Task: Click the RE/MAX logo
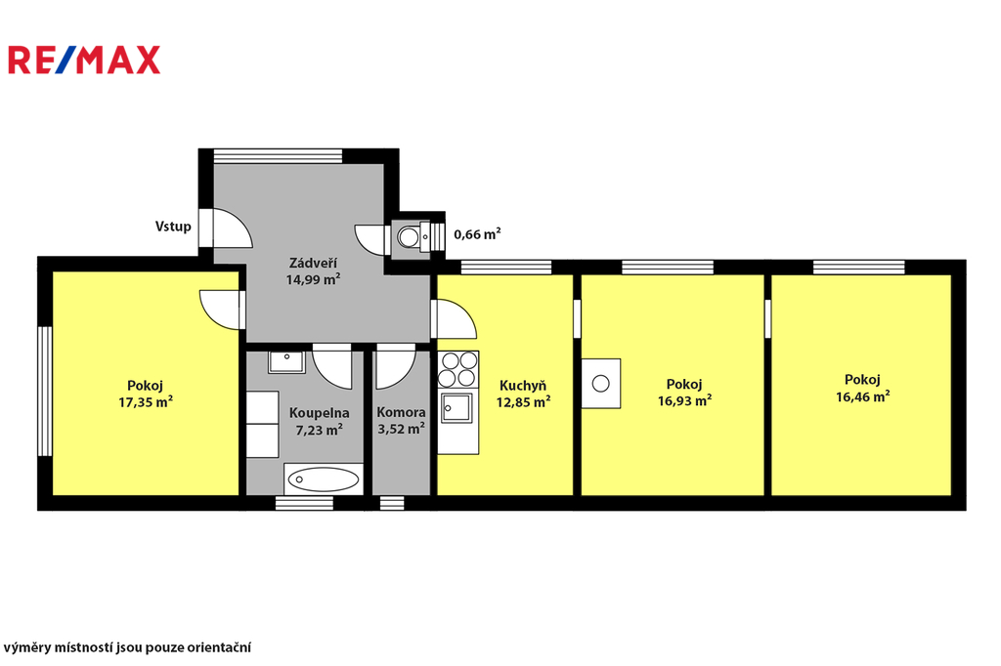(x=84, y=60)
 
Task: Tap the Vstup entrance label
(x=173, y=227)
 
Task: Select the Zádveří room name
(x=313, y=263)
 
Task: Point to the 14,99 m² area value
(x=313, y=278)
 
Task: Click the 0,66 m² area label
(x=477, y=234)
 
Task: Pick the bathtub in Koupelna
(x=323, y=479)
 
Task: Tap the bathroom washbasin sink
(x=286, y=361)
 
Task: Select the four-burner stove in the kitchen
(x=457, y=369)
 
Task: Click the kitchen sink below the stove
(x=457, y=408)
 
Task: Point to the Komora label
(x=401, y=412)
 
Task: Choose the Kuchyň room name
(x=523, y=386)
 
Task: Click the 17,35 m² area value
(x=146, y=402)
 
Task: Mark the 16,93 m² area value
(x=684, y=400)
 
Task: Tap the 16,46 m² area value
(x=863, y=396)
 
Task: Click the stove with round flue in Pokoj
(x=601, y=384)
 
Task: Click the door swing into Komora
(x=396, y=367)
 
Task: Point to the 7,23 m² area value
(x=320, y=430)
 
